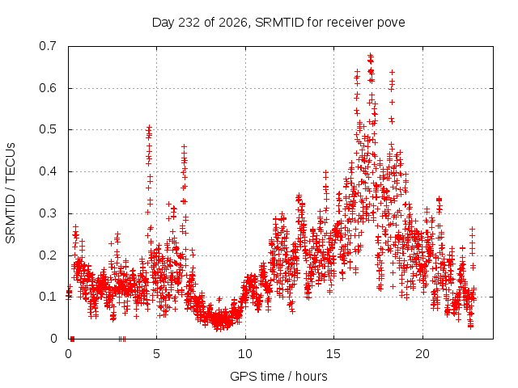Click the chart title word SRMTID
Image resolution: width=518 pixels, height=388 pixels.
[x=279, y=23]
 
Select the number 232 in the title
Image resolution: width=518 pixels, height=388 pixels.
[x=189, y=23]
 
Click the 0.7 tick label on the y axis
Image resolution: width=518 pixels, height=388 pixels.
[x=48, y=46]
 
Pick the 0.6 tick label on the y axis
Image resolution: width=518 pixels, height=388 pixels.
[x=48, y=88]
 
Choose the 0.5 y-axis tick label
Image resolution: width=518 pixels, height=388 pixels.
[x=48, y=129]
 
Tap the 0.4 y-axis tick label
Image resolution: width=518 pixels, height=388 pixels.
[x=48, y=171]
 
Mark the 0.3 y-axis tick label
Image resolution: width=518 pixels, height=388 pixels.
[x=48, y=213]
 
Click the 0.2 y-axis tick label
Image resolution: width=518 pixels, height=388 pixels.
[x=48, y=255]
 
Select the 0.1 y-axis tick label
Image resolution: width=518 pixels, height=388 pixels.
[x=48, y=297]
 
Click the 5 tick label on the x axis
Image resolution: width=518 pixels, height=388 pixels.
[x=156, y=354]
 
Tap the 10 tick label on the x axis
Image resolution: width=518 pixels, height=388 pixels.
[x=245, y=354]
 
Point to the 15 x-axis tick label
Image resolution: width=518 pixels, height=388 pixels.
[x=333, y=354]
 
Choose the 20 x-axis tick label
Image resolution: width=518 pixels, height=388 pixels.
[x=422, y=354]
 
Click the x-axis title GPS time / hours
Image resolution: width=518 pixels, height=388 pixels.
[x=278, y=376]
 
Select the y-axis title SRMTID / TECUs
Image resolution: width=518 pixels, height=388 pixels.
[x=11, y=193]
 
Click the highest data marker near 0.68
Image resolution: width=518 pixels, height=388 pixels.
[x=371, y=55]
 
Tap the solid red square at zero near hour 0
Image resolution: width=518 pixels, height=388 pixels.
[x=72, y=339]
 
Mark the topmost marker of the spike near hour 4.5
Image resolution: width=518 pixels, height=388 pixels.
[x=149, y=127]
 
